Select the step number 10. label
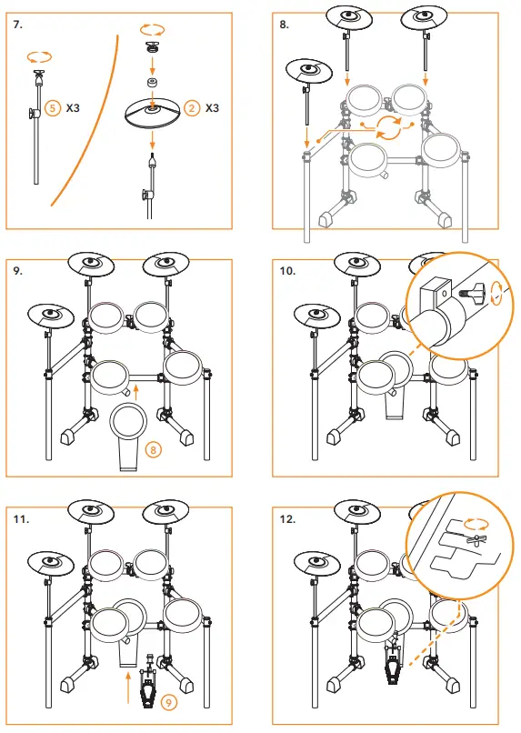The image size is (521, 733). (288, 270)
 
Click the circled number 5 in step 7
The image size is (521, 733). (53, 107)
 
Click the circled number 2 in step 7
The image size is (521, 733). (192, 107)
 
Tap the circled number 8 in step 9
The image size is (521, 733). (153, 448)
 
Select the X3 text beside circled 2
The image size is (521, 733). (213, 107)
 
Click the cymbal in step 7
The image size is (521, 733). (151, 114)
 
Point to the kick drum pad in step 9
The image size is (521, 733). (127, 423)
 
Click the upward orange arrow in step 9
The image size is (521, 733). (135, 392)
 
